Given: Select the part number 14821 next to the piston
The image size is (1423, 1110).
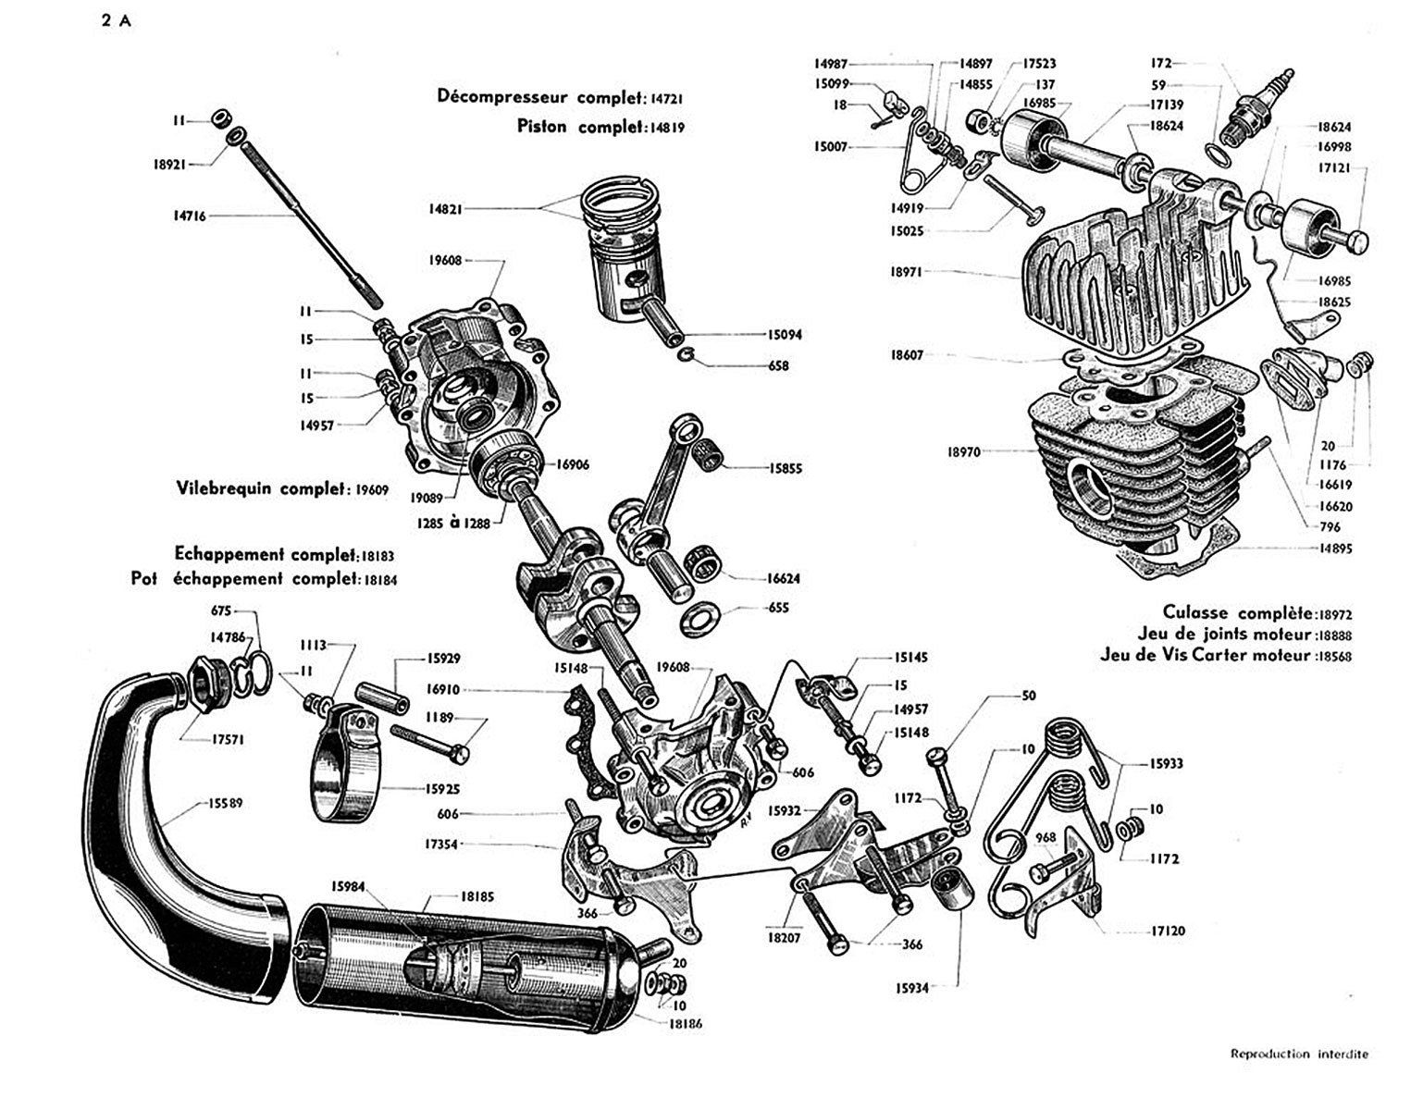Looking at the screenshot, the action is [x=445, y=209].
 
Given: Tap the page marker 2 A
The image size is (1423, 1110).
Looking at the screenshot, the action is [x=117, y=21].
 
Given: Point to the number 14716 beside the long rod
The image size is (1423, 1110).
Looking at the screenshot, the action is [x=190, y=216].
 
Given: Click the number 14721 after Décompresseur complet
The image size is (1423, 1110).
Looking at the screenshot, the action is [x=667, y=99].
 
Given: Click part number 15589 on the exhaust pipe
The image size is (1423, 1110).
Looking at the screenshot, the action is [x=225, y=802].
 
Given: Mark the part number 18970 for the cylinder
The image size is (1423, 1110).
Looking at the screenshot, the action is [x=964, y=451].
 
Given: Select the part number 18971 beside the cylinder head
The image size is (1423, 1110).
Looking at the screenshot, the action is [x=906, y=272].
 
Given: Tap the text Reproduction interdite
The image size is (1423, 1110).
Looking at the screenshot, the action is [x=1299, y=1054].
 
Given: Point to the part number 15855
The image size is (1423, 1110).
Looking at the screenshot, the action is [x=785, y=469].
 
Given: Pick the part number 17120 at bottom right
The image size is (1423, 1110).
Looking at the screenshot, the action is [x=1169, y=930].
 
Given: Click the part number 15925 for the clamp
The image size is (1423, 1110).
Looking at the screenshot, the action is [x=442, y=789].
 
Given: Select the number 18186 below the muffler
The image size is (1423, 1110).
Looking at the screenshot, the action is [x=685, y=1023].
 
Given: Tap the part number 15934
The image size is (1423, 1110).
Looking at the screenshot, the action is [x=912, y=988].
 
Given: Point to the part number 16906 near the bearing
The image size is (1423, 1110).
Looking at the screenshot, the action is [x=573, y=464].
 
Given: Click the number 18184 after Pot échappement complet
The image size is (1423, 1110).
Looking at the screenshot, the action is [x=380, y=580].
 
